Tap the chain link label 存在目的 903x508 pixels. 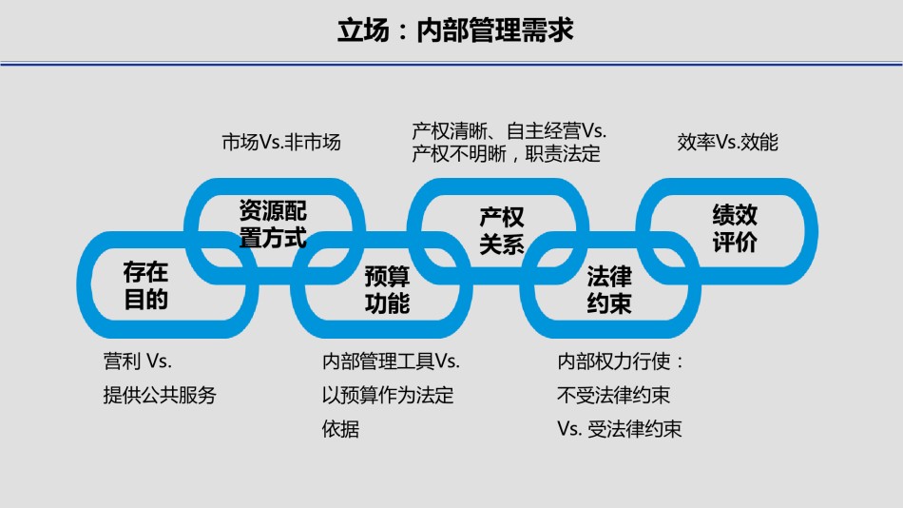coord(145,286)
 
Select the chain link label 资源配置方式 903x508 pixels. coord(273,225)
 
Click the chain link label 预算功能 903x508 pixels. coord(387,290)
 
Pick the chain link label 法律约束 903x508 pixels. coord(609,290)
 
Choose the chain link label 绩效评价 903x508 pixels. coord(735,228)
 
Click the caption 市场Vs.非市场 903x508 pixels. coord(280,143)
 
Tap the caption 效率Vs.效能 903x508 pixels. coord(727,143)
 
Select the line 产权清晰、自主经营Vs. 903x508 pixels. coord(509,130)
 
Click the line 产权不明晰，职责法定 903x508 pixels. coord(506,153)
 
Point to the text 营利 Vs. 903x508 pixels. coord(137,361)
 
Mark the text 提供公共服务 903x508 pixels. coord(160,395)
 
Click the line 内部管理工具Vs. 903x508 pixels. coord(391,361)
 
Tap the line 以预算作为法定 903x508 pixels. coord(388,395)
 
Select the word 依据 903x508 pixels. coord(340,429)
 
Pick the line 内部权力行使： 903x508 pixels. coord(621,361)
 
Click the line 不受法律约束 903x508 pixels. coord(613,395)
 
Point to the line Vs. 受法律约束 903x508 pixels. coord(619,429)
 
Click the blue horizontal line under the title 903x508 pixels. coord(451,64)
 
